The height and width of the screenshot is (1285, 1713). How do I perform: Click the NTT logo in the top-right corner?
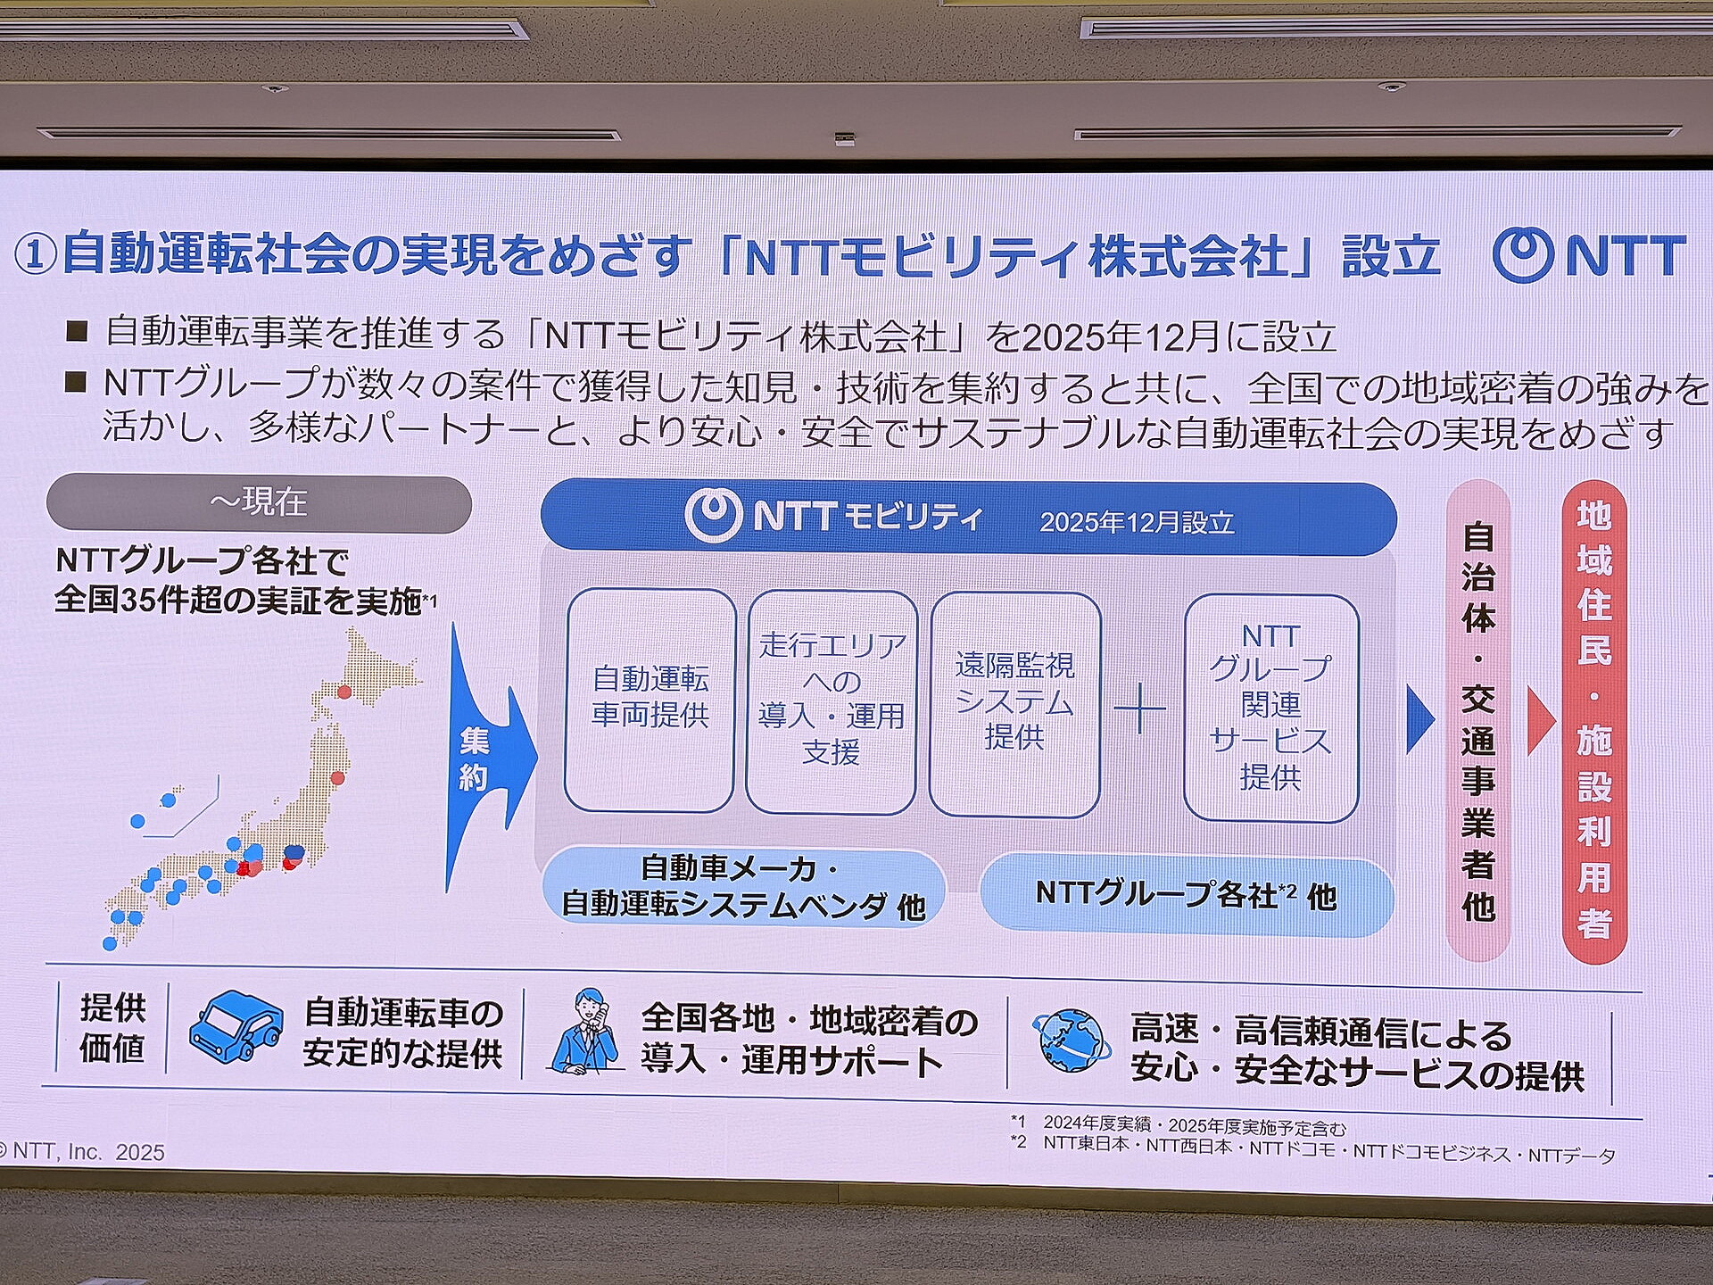(x=1589, y=255)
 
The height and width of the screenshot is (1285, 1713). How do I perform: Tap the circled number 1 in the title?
(x=37, y=255)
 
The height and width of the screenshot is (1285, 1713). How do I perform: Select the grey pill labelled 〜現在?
(x=259, y=503)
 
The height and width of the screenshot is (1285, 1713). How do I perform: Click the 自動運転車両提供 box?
(x=650, y=700)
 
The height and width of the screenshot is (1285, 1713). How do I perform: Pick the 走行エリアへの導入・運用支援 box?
(x=832, y=701)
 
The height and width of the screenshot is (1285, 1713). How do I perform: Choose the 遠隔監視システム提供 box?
(x=1014, y=703)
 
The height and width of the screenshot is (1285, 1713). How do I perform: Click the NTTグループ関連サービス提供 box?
(x=1270, y=707)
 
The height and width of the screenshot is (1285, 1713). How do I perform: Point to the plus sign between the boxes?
(x=1140, y=710)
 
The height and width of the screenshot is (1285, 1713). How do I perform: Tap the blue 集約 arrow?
(x=489, y=759)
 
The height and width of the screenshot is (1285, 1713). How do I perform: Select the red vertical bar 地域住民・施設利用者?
(x=1594, y=721)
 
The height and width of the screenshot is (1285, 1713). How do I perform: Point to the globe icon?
(x=1073, y=1040)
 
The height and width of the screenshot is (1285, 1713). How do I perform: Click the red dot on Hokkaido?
(x=344, y=692)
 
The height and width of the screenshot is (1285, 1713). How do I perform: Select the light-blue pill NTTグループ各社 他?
(x=1187, y=895)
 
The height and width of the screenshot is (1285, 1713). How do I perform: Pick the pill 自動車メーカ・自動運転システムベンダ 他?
(x=744, y=887)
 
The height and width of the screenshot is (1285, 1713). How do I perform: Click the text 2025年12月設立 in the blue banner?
(x=1137, y=522)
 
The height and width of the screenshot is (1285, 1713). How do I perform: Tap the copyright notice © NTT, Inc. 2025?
(x=83, y=1152)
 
